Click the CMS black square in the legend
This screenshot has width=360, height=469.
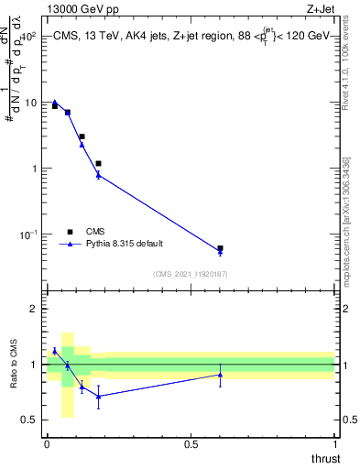coord(68,232)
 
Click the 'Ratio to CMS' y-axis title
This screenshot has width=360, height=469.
coord(15,365)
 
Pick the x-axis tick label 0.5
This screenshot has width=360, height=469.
coord(191,443)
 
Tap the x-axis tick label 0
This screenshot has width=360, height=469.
coord(47,443)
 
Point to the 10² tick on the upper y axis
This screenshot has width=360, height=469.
coord(27,37)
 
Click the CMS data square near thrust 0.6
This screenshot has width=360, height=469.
coord(220,248)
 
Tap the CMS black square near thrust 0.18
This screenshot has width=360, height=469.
coord(98,163)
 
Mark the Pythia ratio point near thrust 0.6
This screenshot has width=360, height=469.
coord(220,375)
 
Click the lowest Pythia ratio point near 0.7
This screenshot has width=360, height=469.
coord(98,397)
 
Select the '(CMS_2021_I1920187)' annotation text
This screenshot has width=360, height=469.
coord(190,274)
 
